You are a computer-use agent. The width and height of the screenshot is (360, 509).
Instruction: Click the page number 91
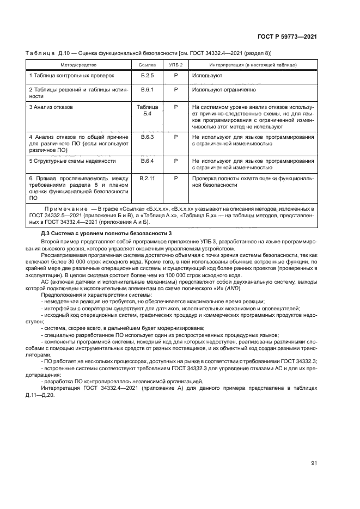pos(314,463)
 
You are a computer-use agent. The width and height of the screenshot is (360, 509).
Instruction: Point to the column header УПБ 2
pos(176,65)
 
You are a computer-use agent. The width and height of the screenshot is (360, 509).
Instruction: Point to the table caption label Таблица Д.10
pos(48,53)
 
